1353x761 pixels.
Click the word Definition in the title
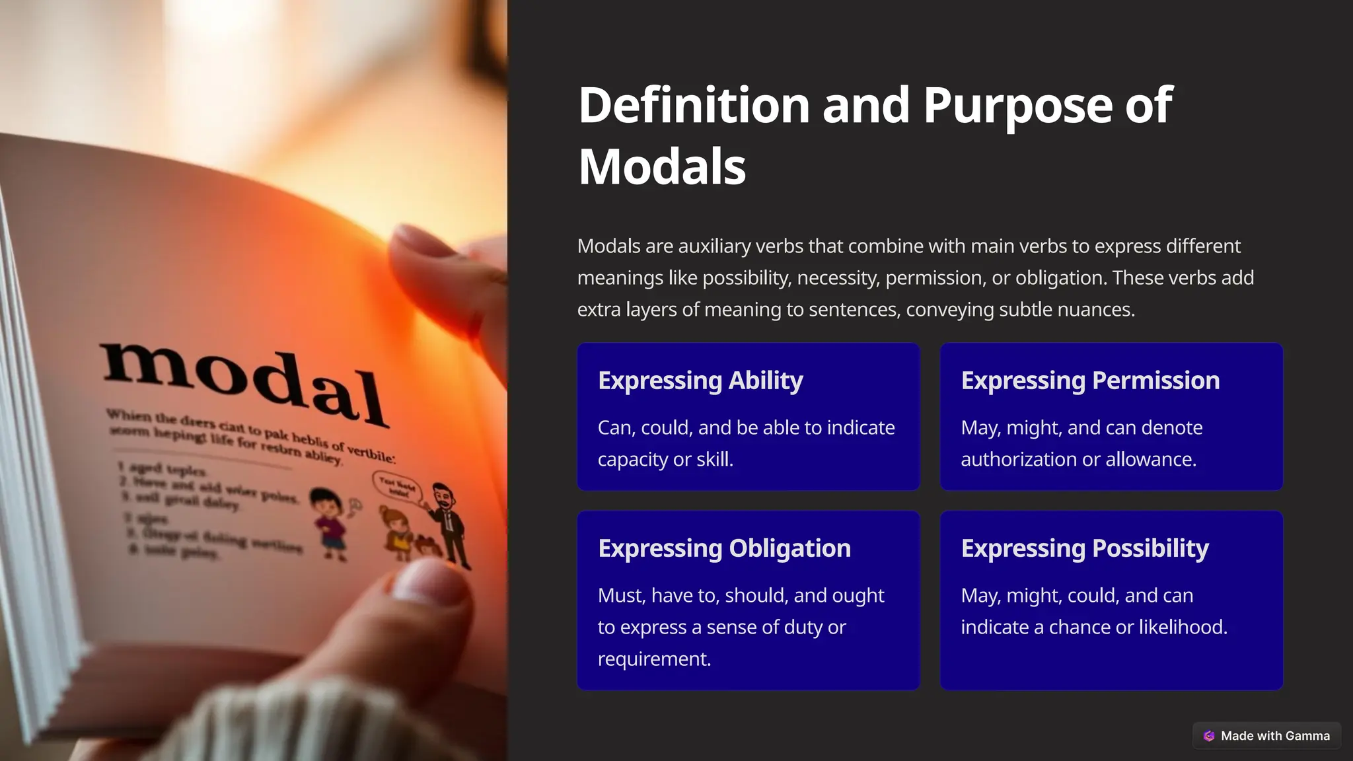click(694, 106)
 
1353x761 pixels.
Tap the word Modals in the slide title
click(662, 167)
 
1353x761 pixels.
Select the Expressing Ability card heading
click(700, 380)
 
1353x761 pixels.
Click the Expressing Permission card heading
click(1090, 380)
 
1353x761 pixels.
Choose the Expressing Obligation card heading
click(724, 548)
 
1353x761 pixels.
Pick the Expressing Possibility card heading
click(1085, 548)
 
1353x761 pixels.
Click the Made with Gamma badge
click(1266, 736)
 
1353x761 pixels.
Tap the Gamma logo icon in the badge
click(1209, 736)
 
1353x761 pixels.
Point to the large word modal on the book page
click(244, 383)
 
